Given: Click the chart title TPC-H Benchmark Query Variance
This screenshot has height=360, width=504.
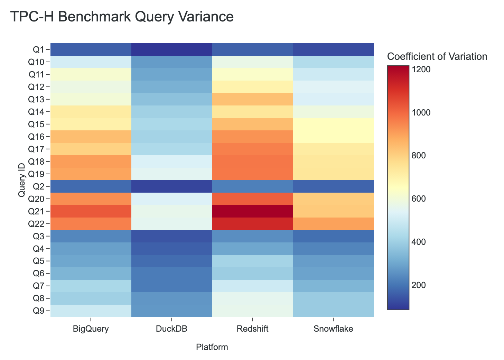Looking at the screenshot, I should (122, 17).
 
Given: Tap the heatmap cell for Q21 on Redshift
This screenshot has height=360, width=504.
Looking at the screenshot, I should (252, 211).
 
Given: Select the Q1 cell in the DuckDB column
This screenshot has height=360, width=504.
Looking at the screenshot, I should (172, 49).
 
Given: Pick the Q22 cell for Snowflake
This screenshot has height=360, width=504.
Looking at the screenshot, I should (333, 224).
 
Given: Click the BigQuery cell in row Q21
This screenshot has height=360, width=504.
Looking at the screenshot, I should (91, 211).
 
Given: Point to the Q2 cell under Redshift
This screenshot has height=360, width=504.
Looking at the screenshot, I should (252, 186).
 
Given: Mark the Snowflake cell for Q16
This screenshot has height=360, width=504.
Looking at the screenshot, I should (333, 137).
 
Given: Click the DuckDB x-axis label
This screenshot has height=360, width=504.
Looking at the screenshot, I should (172, 329).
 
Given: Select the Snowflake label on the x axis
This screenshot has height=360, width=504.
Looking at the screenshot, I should (333, 329).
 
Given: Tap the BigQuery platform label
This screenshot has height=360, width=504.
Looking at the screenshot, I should (91, 329).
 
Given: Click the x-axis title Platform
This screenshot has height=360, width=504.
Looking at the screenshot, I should (212, 347).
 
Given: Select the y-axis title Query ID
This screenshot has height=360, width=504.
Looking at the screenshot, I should (21, 180).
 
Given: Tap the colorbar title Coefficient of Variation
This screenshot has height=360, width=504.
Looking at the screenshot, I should (437, 57).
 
